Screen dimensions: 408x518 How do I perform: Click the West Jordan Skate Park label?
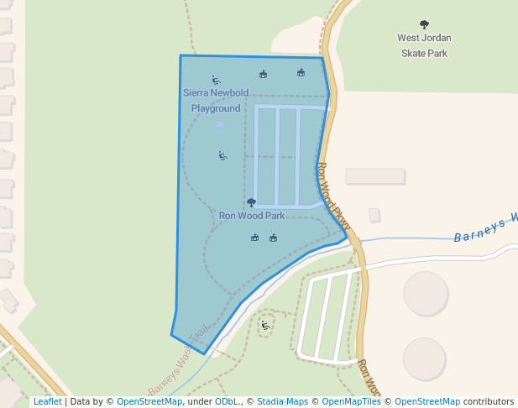click(424, 45)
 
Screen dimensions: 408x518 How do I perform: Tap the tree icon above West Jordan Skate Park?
click(424, 25)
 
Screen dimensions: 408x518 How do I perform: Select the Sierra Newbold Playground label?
click(216, 100)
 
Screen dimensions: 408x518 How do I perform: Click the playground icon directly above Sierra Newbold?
click(216, 81)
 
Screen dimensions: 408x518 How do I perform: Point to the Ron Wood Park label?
click(251, 216)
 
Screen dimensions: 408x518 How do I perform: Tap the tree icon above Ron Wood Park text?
click(251, 202)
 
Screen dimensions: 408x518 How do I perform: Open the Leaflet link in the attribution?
click(47, 401)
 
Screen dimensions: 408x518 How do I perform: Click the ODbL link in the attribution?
click(227, 401)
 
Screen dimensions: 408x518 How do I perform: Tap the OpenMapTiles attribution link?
click(346, 401)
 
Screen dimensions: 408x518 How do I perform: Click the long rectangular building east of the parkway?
click(375, 176)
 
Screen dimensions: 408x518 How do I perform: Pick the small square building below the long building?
click(374, 215)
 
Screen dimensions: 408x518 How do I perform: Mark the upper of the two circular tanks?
click(426, 293)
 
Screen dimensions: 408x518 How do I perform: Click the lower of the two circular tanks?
click(424, 358)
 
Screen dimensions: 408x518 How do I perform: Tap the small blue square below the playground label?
click(220, 124)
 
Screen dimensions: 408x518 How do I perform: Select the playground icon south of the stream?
click(265, 325)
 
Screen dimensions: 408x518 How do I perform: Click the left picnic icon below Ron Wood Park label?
click(255, 238)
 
